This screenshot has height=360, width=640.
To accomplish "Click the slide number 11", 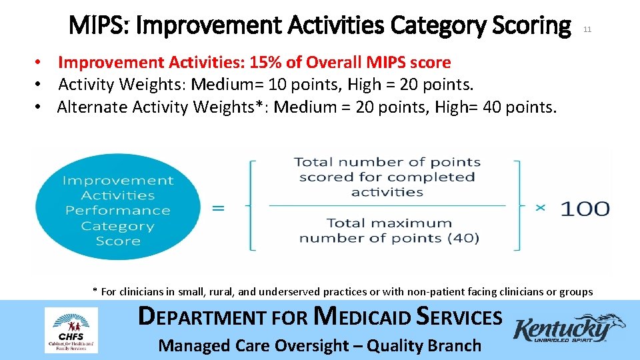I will [587, 29].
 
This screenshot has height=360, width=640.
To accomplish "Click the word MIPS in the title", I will [97, 26].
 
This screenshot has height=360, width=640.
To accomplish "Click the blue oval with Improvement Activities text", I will [118, 210].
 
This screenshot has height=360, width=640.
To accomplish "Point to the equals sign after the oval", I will [218, 208].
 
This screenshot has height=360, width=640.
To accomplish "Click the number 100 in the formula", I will [584, 209].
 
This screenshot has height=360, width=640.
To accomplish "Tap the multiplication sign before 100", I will [540, 209].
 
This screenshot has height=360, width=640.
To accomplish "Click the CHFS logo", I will [71, 330].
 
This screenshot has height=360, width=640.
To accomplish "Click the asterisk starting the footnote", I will [95, 291].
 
